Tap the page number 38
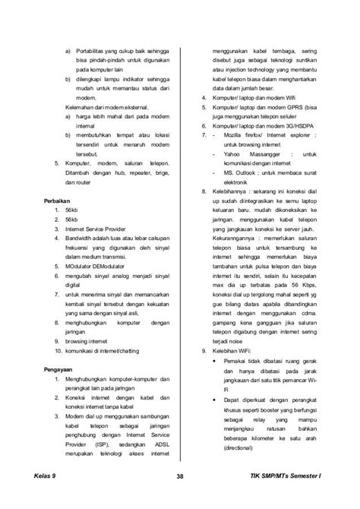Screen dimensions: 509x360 click(180, 476)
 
